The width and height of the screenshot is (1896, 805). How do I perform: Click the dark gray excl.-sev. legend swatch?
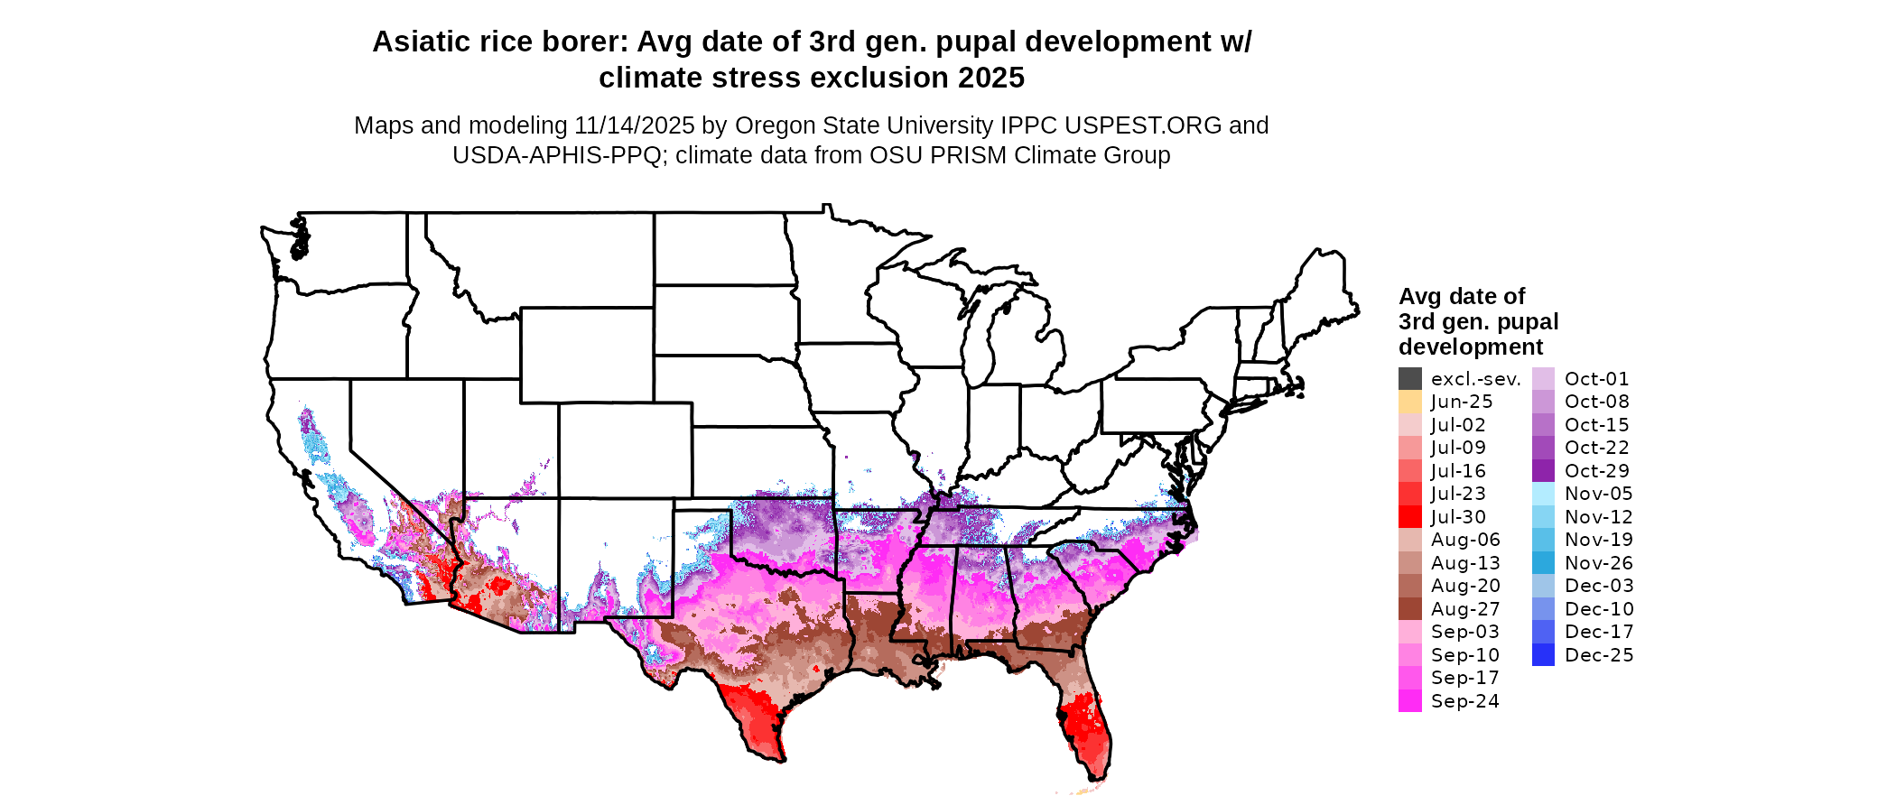(x=1409, y=379)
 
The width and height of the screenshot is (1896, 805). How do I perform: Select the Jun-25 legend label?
(x=1461, y=402)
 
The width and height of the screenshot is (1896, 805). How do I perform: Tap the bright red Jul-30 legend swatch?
(x=1409, y=517)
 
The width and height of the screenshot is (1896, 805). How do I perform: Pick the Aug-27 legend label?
(x=1464, y=609)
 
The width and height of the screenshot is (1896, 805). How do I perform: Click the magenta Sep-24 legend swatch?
(x=1409, y=701)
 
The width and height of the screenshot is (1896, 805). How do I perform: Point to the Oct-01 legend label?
(x=1596, y=379)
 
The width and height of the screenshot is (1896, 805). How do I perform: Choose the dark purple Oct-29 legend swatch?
(x=1543, y=471)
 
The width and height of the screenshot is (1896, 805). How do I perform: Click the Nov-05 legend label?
(x=1598, y=494)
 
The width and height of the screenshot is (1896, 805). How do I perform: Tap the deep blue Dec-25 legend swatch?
(x=1543, y=655)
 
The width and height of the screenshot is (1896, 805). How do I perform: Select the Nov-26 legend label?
(x=1598, y=563)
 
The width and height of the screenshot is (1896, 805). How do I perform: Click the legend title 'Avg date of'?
(x=1461, y=297)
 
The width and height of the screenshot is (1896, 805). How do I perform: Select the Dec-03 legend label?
(x=1598, y=586)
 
